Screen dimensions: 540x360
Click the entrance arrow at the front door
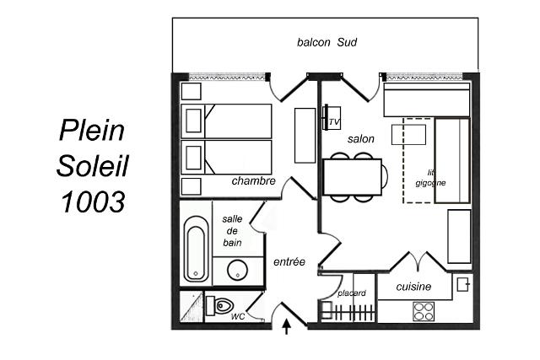(287, 326)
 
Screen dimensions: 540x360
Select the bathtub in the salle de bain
(196, 249)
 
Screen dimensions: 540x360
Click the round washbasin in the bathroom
(238, 270)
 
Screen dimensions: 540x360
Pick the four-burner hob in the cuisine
(424, 311)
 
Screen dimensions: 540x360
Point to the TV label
(334, 122)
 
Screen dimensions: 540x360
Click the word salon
(360, 139)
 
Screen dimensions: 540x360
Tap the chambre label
(253, 180)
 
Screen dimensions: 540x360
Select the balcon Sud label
(327, 42)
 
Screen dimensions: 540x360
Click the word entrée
(289, 261)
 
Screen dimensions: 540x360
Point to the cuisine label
(413, 287)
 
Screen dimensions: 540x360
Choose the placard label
(352, 293)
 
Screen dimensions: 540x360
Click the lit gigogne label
(430, 178)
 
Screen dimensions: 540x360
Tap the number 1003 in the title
(93, 201)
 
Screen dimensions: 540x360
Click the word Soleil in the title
(92, 166)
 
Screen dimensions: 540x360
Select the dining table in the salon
(352, 177)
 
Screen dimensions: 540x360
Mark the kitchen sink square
(462, 284)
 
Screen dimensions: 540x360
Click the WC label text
(238, 316)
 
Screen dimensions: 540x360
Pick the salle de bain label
(232, 231)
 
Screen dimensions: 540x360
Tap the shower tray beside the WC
(192, 307)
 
